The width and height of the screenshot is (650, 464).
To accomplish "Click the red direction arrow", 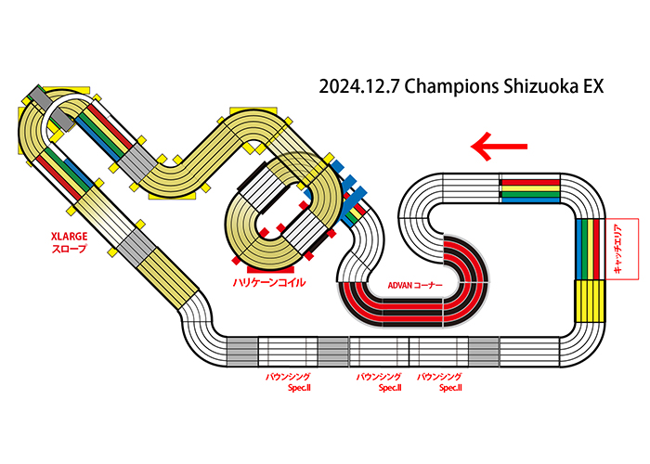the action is (x=499, y=147).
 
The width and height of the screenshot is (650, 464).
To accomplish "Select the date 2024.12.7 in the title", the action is (x=359, y=86).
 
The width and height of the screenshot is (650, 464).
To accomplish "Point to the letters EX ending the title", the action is (x=593, y=86).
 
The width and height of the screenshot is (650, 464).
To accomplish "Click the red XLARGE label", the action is (x=70, y=237).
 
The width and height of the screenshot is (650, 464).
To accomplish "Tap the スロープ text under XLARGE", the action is (x=70, y=249).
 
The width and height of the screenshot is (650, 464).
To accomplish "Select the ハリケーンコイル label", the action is (x=269, y=282).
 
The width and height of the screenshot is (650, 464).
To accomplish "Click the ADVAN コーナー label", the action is (x=415, y=286).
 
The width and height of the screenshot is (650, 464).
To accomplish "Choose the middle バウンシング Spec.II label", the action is (x=379, y=382).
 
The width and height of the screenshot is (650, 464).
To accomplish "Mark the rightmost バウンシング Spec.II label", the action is (x=439, y=382).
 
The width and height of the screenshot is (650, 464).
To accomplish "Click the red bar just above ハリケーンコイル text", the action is (x=270, y=270).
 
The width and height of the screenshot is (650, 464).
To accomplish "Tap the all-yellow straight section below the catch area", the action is (x=590, y=301).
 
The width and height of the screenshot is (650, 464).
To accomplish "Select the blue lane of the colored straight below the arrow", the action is (x=530, y=200).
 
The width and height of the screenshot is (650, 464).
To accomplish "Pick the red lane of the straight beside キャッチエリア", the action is (x=596, y=249).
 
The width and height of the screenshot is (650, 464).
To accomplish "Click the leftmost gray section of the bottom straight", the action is (x=242, y=352).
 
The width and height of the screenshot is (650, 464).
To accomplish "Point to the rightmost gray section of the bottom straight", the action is (x=484, y=352).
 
